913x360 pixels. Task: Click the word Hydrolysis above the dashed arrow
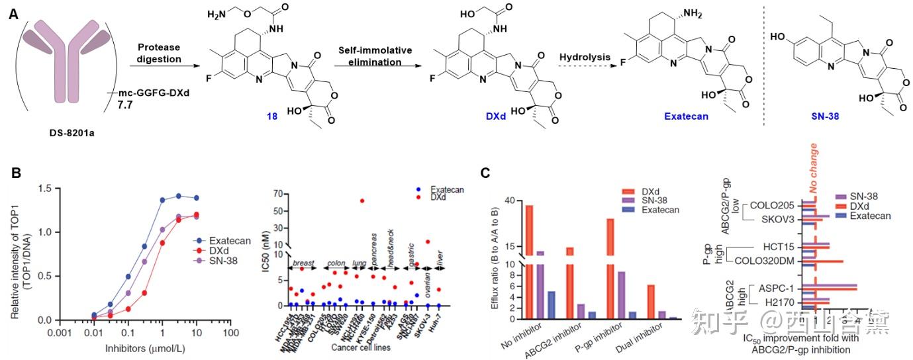tap(585, 57)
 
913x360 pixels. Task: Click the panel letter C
tap(486, 173)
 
